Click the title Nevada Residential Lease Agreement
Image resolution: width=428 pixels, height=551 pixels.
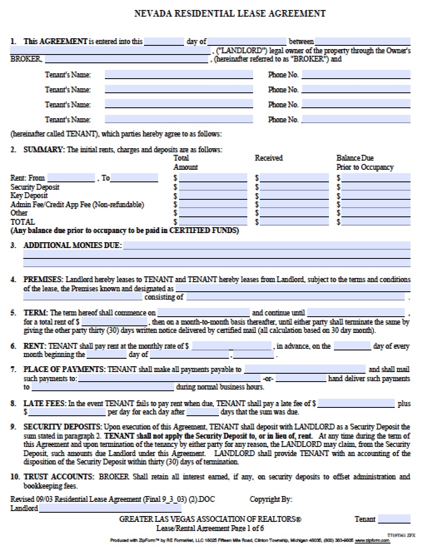[x=229, y=14]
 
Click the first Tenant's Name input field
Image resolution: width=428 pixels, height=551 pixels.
[x=179, y=75]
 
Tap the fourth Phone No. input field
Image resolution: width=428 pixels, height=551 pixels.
[x=356, y=120]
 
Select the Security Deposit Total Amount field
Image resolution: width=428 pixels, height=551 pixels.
[x=213, y=187]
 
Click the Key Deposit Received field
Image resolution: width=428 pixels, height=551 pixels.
[x=294, y=196]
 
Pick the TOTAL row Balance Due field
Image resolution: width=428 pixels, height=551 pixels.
[x=376, y=222]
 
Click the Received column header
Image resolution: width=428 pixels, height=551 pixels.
[x=269, y=158]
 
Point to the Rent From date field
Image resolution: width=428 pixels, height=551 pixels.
[x=71, y=178]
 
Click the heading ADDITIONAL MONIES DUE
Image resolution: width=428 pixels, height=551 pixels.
[x=72, y=246]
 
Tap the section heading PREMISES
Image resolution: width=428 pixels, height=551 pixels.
[x=43, y=280]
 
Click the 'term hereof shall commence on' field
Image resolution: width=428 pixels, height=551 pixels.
[x=203, y=313]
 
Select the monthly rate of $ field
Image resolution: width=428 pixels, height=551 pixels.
[x=231, y=346]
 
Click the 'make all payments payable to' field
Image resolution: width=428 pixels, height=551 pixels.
[x=304, y=370]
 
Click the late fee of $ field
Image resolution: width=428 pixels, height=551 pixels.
[x=356, y=404]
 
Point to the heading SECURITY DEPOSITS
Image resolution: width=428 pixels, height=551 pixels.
[x=62, y=427]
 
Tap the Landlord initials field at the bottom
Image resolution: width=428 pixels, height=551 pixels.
[x=110, y=509]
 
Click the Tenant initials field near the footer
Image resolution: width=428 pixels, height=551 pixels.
[x=394, y=519]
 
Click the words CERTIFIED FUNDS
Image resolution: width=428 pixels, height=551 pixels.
[x=204, y=231]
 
